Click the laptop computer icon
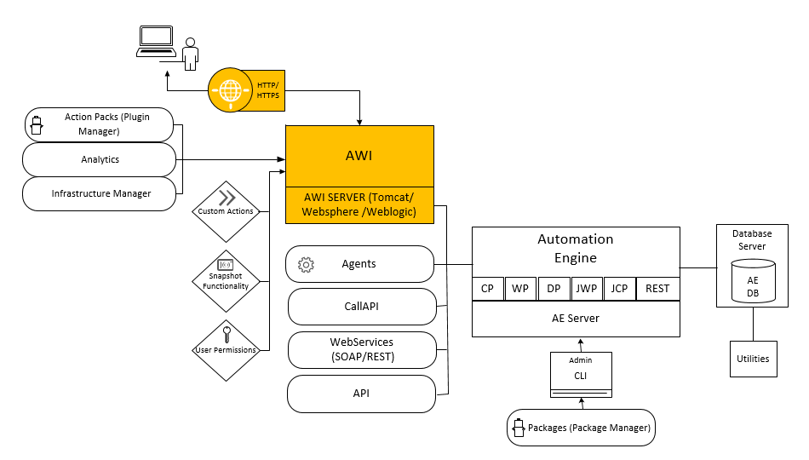click(x=156, y=41)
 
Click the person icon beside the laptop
click(x=190, y=55)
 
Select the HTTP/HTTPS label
click(x=268, y=90)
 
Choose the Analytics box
click(x=99, y=159)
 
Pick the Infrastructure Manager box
click(x=99, y=193)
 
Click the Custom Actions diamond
click(x=226, y=211)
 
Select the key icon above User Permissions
click(x=226, y=333)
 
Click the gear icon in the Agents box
click(x=306, y=265)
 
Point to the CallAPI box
click(x=361, y=305)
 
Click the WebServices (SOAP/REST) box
click(x=361, y=348)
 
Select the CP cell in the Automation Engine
click(x=488, y=289)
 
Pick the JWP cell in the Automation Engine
click(x=586, y=289)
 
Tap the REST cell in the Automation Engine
click(x=657, y=289)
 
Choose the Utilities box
click(x=753, y=359)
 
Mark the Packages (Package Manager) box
click(x=582, y=428)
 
